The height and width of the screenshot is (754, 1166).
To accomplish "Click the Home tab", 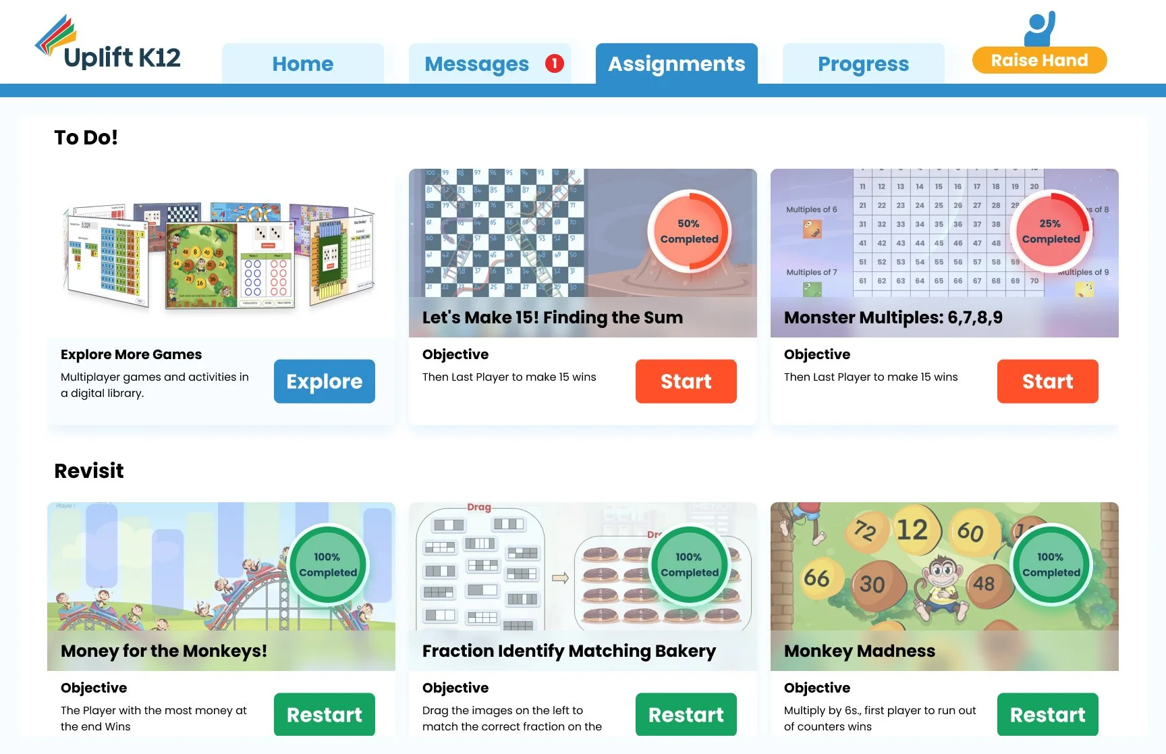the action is [302, 64].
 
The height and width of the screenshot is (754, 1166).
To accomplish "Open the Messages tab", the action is [476, 64].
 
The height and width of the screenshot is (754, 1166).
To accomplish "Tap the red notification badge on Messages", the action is [554, 63].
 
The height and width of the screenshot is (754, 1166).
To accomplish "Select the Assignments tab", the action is [676, 64].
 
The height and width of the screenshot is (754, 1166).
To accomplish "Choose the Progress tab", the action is [863, 64].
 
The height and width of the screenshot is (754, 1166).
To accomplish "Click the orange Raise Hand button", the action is [1039, 60].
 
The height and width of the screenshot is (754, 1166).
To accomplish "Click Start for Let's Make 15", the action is [686, 381].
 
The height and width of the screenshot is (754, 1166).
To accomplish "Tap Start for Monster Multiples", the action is [1047, 381].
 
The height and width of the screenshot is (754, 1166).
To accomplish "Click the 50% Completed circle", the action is [689, 231].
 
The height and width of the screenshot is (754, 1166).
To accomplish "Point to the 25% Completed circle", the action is [1051, 231].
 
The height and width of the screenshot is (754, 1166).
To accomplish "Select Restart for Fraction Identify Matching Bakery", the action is [686, 714].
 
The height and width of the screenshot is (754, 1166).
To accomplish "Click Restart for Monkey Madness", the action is [1047, 714].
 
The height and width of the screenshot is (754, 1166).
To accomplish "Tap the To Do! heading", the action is [86, 138].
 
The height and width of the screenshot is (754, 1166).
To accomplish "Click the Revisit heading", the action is [89, 470].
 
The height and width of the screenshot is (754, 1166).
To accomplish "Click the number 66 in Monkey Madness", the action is [816, 578].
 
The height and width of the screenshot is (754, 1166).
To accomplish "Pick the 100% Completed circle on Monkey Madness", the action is [1051, 564].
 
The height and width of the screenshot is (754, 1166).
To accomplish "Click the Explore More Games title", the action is [131, 354].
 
